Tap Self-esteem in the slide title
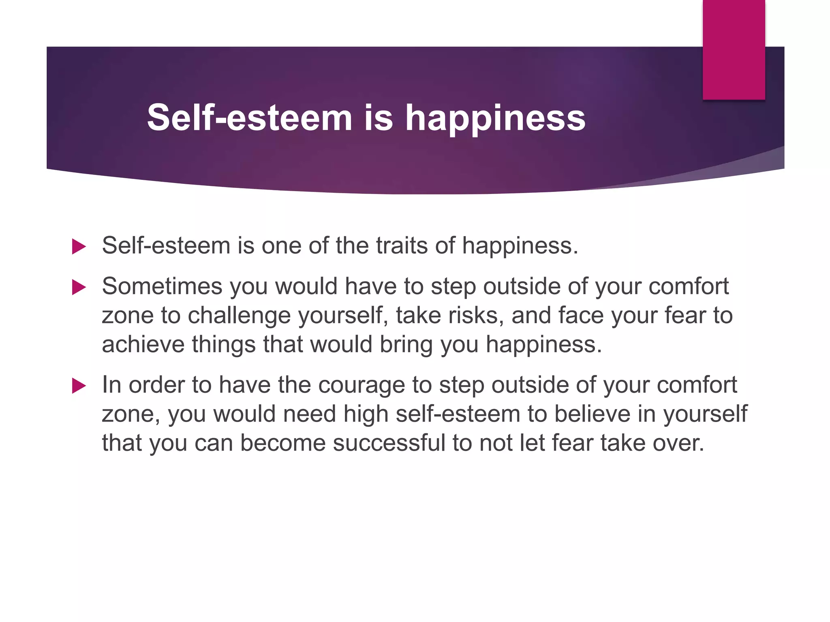tap(249, 118)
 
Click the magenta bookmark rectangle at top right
tap(734, 49)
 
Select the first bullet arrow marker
tap(79, 246)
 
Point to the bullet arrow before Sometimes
tap(79, 288)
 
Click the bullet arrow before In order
tap(79, 386)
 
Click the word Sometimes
tap(162, 286)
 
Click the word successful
tap(389, 443)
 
